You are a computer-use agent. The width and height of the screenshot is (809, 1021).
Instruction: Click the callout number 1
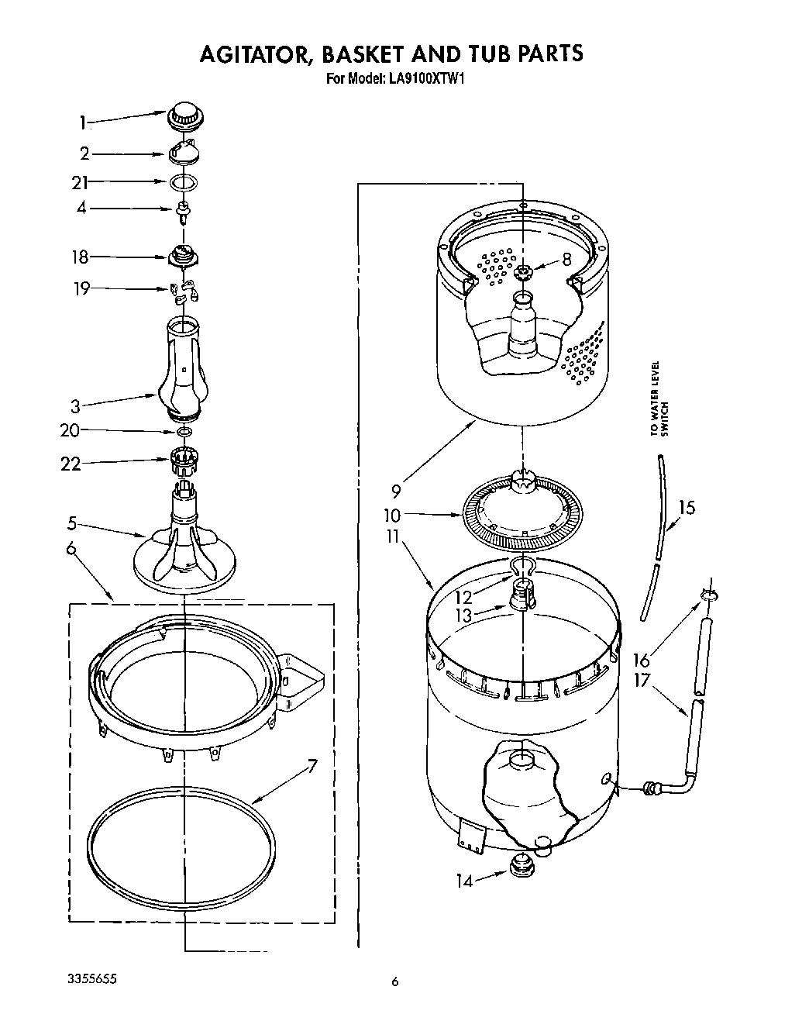(82, 122)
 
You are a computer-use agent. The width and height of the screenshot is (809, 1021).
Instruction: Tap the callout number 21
(79, 183)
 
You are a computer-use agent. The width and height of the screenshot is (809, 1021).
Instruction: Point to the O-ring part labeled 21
(183, 183)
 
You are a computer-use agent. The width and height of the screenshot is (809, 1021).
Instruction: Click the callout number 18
(80, 257)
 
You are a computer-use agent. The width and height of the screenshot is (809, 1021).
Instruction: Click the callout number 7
(312, 767)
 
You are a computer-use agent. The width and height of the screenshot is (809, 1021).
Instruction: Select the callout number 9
(396, 490)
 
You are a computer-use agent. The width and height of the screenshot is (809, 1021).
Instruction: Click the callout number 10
(392, 514)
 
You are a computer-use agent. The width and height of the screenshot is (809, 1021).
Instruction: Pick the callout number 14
(464, 881)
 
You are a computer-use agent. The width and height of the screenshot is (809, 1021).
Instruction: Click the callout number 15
(687, 508)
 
